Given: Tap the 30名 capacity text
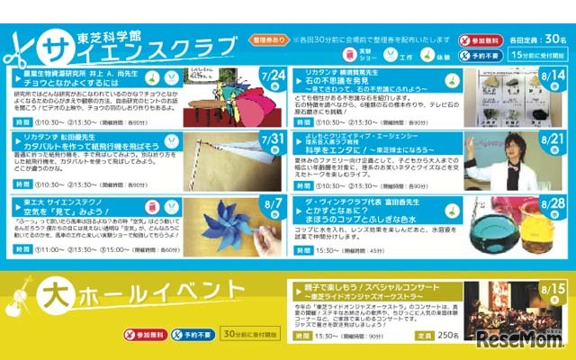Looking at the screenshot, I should [554, 40].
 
